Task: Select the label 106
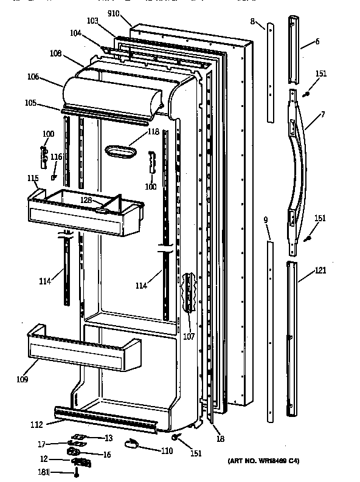pyautogui.click(x=33, y=77)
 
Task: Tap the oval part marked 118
pyautogui.click(x=122, y=151)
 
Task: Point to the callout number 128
pyautogui.click(x=87, y=199)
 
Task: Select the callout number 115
pyautogui.click(x=33, y=179)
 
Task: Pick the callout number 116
pyautogui.click(x=56, y=157)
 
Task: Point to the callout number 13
pyautogui.click(x=108, y=439)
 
